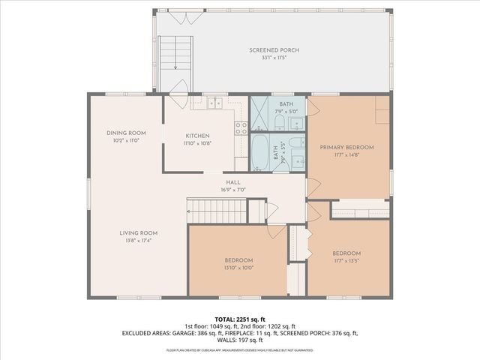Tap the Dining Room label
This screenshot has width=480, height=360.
coord(125,133)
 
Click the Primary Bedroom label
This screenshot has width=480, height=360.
coord(346,148)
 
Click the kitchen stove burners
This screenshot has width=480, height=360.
coord(241,128)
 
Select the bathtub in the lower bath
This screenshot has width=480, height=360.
coord(261,152)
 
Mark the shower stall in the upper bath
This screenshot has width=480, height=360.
coord(259,113)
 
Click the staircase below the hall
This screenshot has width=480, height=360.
coord(217,211)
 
